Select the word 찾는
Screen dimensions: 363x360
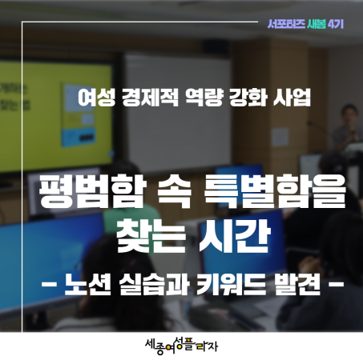pyautogui.click(x=151, y=236)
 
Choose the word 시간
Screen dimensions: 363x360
pyautogui.click(x=234, y=236)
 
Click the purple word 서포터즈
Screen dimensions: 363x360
pyautogui.click(x=286, y=25)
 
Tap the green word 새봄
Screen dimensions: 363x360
pyautogui.click(x=317, y=25)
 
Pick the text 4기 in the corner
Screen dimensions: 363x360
pyautogui.click(x=336, y=25)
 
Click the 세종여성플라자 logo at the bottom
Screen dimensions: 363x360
pyautogui.click(x=181, y=346)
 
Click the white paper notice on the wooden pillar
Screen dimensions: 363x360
pyautogui.click(x=280, y=137)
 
